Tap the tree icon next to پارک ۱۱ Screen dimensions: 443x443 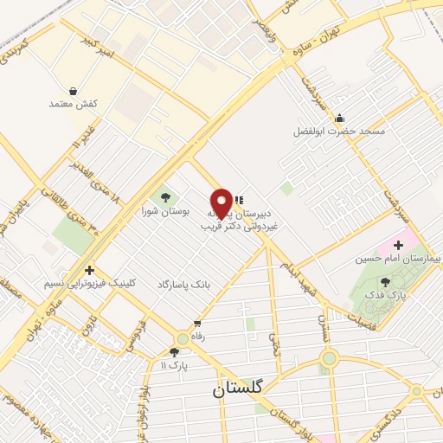(177, 352)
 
